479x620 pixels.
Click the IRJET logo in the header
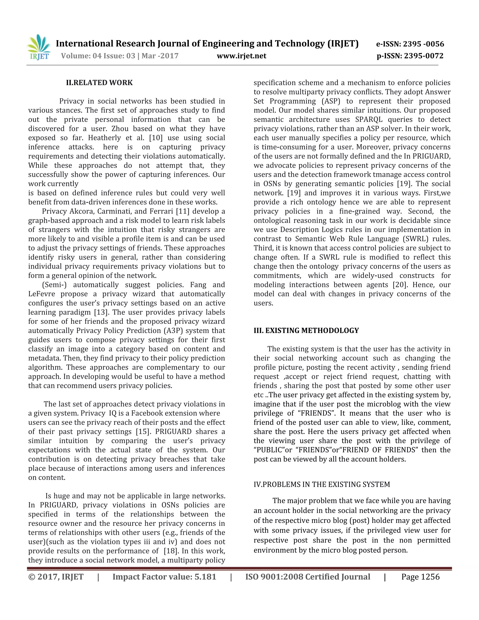39,47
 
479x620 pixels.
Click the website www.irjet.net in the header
241,56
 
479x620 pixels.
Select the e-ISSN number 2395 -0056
423,44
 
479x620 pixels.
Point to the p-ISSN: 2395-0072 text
410,56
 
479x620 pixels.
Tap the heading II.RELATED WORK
99,83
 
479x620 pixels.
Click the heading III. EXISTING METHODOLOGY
306,330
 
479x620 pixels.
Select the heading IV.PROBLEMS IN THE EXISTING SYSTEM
322,484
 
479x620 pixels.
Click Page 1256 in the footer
420,577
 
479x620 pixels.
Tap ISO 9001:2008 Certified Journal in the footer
308,577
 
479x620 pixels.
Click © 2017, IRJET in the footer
56,577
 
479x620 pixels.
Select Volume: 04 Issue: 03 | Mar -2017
120,56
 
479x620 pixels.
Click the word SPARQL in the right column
369,120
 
